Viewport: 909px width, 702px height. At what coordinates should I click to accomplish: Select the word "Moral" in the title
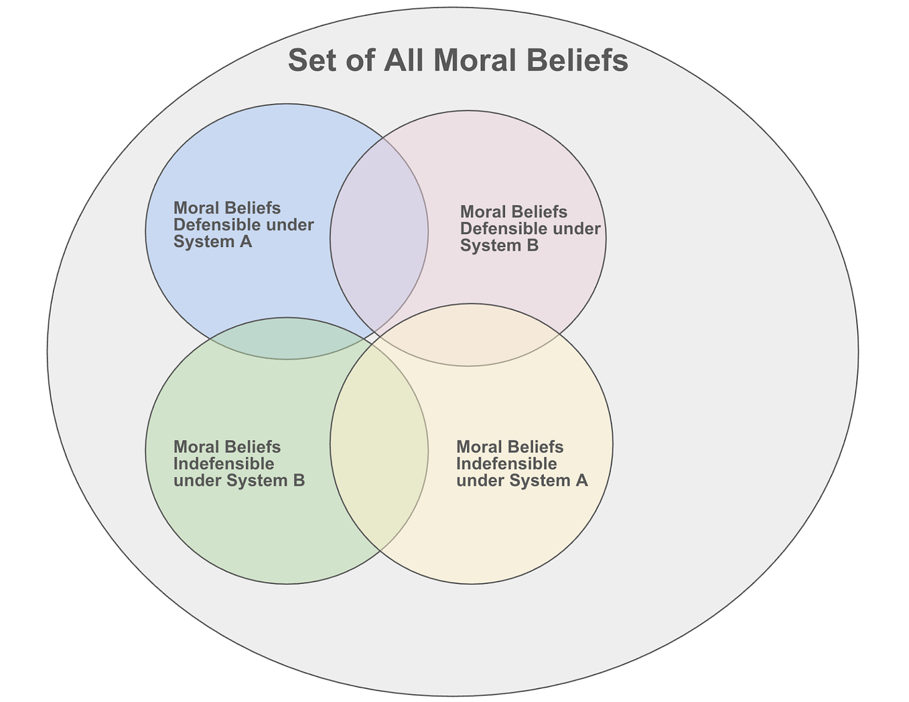[474, 61]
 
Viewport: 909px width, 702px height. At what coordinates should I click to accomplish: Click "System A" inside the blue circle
[213, 241]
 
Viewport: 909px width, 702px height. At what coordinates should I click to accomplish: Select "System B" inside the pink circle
[499, 246]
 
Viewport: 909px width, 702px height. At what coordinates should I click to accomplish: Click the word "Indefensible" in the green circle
[224, 464]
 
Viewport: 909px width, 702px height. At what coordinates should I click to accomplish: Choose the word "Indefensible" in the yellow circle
[506, 464]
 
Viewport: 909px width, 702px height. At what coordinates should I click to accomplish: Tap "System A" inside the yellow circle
[548, 480]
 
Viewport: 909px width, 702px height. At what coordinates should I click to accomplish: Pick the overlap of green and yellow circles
[379, 444]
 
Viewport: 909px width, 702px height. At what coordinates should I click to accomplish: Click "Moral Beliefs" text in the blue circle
[227, 208]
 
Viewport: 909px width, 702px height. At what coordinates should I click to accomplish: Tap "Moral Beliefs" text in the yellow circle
[510, 447]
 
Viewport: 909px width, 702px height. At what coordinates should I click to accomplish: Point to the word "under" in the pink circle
[574, 229]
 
